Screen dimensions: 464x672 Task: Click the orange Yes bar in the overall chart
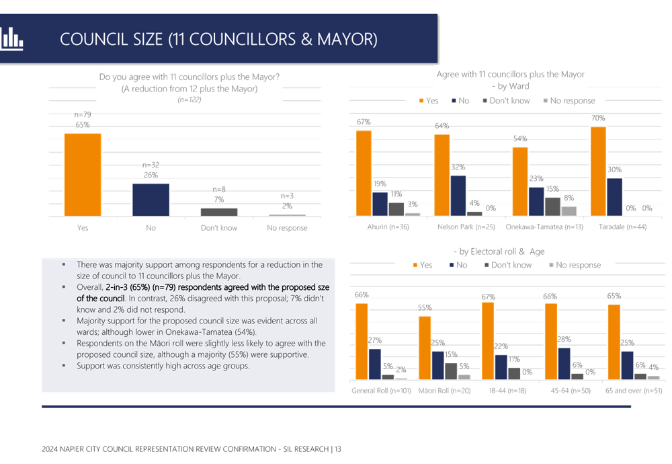(x=83, y=174)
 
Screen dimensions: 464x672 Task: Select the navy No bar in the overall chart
(x=151, y=199)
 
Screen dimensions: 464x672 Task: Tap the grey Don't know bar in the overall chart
(x=218, y=211)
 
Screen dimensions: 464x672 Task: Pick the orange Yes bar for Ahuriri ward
(x=364, y=172)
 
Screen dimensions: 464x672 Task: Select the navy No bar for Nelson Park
(x=458, y=195)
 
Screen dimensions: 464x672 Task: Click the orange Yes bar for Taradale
(x=597, y=170)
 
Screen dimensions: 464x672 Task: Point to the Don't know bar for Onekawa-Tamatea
(x=552, y=206)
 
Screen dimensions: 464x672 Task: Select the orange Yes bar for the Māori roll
(x=424, y=347)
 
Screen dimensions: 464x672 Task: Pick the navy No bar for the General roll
(x=376, y=363)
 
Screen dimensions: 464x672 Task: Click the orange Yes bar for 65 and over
(x=614, y=342)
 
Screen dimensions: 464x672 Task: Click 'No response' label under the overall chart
(x=286, y=228)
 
